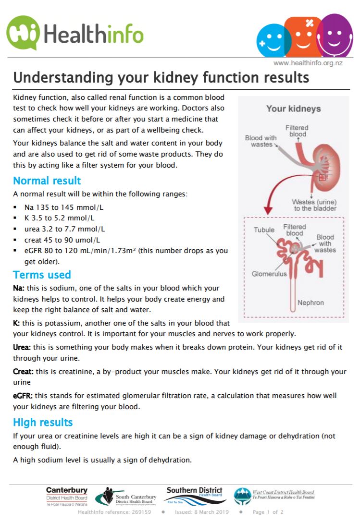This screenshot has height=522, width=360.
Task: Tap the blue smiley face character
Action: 272,41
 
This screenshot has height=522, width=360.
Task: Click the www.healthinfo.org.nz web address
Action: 315,63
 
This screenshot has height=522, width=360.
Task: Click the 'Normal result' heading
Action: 47,181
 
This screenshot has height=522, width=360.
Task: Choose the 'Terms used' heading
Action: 42,275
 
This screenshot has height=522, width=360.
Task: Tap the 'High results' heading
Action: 43,423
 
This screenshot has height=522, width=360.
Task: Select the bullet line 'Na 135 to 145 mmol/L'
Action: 63,207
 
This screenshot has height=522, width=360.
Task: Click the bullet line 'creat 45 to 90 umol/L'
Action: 62,240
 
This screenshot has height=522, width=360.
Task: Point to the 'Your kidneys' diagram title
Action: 293,109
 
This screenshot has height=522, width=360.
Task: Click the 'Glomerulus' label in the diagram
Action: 269,274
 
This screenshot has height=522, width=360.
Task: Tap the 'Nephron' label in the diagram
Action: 310,303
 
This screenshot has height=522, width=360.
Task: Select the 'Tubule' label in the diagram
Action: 264,230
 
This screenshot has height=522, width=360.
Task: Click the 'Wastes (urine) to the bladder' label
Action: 314,205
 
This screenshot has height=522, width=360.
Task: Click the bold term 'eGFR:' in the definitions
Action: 23,396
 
